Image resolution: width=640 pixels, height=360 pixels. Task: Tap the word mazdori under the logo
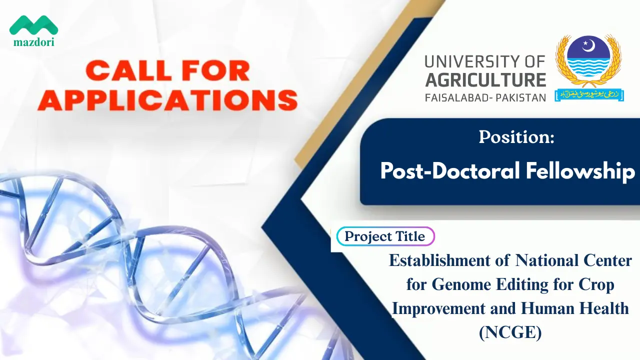pyautogui.click(x=33, y=42)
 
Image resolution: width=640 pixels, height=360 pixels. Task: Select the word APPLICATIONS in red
pyautogui.click(x=167, y=99)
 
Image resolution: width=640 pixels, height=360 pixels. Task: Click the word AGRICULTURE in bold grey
pyautogui.click(x=485, y=79)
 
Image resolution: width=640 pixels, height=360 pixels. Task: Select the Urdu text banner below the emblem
pyautogui.click(x=589, y=95)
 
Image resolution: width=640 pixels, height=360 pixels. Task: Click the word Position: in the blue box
pyautogui.click(x=516, y=137)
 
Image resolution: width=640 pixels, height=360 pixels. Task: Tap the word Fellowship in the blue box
pyautogui.click(x=580, y=171)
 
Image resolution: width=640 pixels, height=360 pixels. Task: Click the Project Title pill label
pyautogui.click(x=385, y=236)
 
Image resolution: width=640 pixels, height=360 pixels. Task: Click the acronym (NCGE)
pyautogui.click(x=510, y=332)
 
